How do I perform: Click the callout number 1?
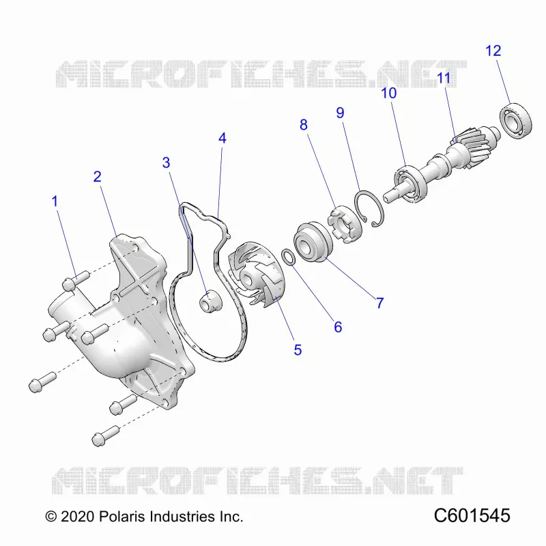click(55, 201)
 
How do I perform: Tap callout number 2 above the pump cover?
click(97, 177)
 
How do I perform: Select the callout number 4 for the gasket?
click(222, 139)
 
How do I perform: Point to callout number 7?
click(380, 303)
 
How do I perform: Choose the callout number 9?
click(340, 113)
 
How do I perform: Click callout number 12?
click(493, 51)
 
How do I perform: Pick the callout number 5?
click(298, 350)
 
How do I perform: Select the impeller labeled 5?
click(255, 275)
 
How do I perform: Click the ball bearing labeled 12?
click(516, 121)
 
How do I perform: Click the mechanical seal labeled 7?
click(313, 242)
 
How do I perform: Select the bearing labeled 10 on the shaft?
click(411, 184)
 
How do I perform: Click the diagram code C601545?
click(472, 516)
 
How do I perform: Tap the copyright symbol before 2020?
click(51, 517)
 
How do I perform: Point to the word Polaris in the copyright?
click(122, 517)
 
